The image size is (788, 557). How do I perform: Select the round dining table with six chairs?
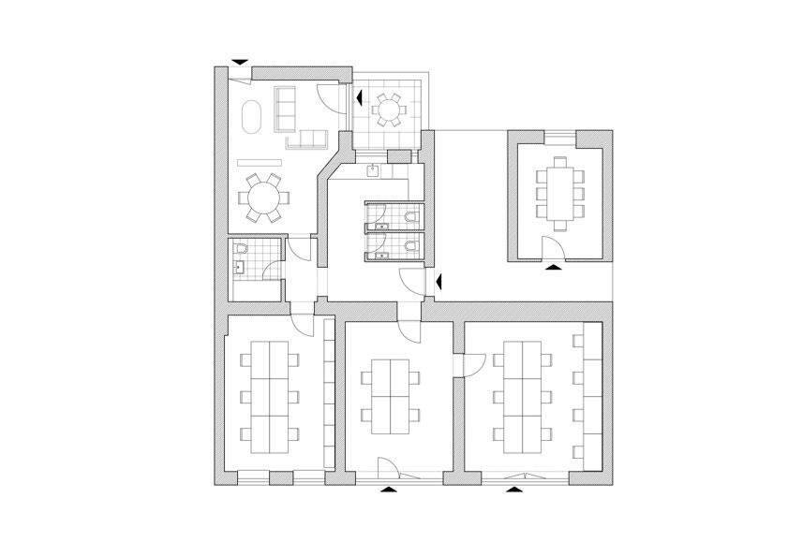[263, 197]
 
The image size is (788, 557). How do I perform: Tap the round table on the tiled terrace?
[388, 110]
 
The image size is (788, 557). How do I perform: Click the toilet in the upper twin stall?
[412, 216]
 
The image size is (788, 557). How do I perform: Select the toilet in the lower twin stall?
[412, 245]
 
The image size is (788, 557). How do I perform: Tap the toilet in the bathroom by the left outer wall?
[241, 249]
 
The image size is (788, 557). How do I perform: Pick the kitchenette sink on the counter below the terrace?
[374, 169]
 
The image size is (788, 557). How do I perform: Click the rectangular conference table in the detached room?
[560, 192]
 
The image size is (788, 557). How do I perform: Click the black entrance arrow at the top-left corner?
[241, 62]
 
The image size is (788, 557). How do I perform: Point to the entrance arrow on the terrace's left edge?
[359, 96]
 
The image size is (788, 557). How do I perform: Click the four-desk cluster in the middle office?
[388, 398]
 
